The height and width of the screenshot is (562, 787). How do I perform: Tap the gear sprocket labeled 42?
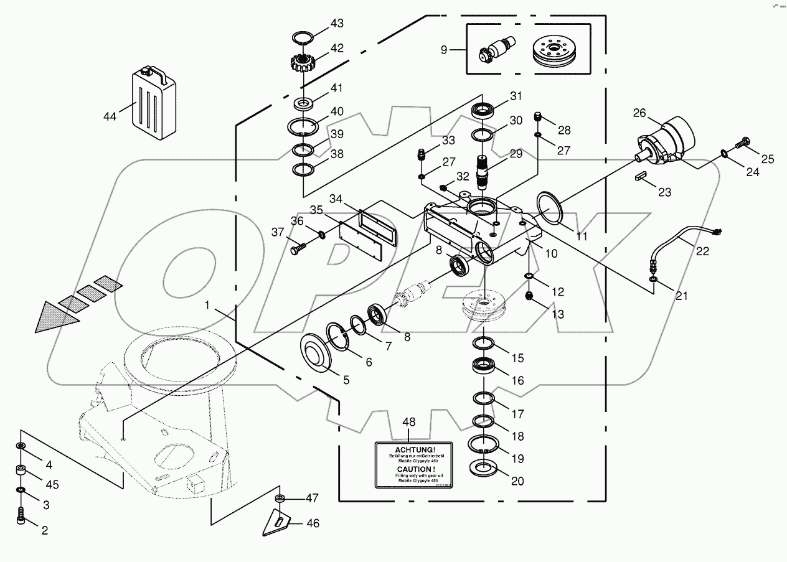click(x=303, y=63)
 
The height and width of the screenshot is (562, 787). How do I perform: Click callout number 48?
click(x=408, y=422)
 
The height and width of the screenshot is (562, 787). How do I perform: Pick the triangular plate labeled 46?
click(x=278, y=520)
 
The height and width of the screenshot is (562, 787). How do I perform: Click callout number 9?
click(x=444, y=49)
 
